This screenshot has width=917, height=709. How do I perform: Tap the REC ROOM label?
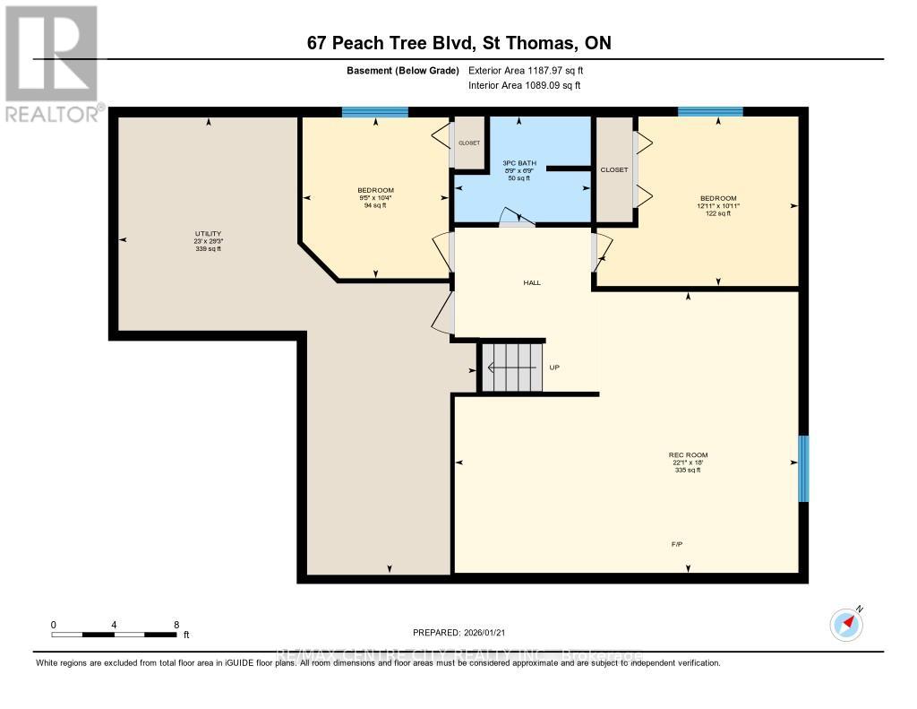pyautogui.click(x=688, y=455)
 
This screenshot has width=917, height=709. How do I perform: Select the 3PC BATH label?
pyautogui.click(x=519, y=163)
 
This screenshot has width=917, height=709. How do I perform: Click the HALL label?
pyautogui.click(x=532, y=282)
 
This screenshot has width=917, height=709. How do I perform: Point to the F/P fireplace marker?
pyautogui.click(x=678, y=544)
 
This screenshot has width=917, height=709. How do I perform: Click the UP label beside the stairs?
pyautogui.click(x=554, y=367)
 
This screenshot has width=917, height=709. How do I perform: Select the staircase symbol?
pyautogui.click(x=512, y=367)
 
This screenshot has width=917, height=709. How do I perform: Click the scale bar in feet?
pyautogui.click(x=114, y=634)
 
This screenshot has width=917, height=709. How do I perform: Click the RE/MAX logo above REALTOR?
pyautogui.click(x=50, y=53)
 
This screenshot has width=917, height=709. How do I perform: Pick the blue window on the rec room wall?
pyautogui.click(x=803, y=469)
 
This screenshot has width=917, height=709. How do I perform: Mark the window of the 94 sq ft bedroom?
pyautogui.click(x=375, y=112)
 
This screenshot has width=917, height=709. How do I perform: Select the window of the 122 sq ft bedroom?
pyautogui.click(x=710, y=112)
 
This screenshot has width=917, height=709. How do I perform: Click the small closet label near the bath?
pyautogui.click(x=469, y=143)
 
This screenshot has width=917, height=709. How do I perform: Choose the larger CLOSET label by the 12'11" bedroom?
pyautogui.click(x=614, y=169)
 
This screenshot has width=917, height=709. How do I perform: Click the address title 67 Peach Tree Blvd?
pyautogui.click(x=458, y=43)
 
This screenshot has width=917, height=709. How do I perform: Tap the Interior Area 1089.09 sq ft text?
pyautogui.click(x=524, y=85)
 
